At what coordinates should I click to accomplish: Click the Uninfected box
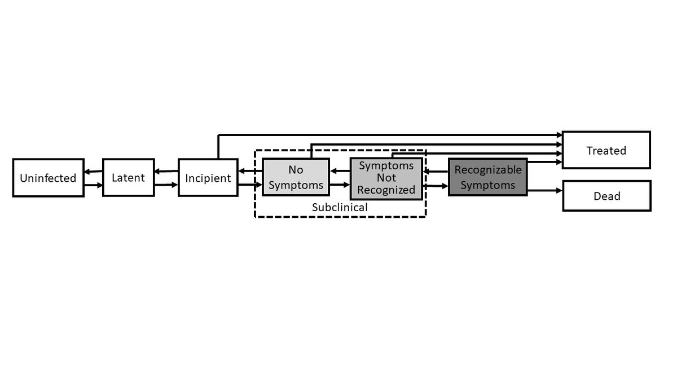pos(48,178)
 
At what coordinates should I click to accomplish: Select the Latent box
pos(128,177)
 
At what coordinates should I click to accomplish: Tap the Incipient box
pos(208,178)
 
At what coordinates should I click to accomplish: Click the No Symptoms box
pos(296,177)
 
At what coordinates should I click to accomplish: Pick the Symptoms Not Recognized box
pos(386,178)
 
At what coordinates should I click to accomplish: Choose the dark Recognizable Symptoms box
pos(488,177)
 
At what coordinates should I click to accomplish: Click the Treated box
pos(606,150)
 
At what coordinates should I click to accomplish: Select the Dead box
pos(606,196)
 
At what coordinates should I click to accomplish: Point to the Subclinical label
pos(340,207)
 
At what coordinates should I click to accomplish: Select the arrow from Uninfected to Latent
pos(93,185)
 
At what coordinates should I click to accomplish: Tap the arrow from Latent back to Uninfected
pos(93,172)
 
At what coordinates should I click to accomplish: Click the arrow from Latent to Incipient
pos(166,185)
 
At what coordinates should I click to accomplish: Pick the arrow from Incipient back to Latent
pos(166,171)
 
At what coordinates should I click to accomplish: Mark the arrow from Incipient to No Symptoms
pos(250,185)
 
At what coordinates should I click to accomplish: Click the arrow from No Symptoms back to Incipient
pos(250,170)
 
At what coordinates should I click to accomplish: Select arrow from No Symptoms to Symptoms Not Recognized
pos(340,185)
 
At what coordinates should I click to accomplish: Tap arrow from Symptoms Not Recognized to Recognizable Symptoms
pos(436,185)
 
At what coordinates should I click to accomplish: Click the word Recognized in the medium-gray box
pos(386,190)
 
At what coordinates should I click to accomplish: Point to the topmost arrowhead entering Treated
pos(559,135)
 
